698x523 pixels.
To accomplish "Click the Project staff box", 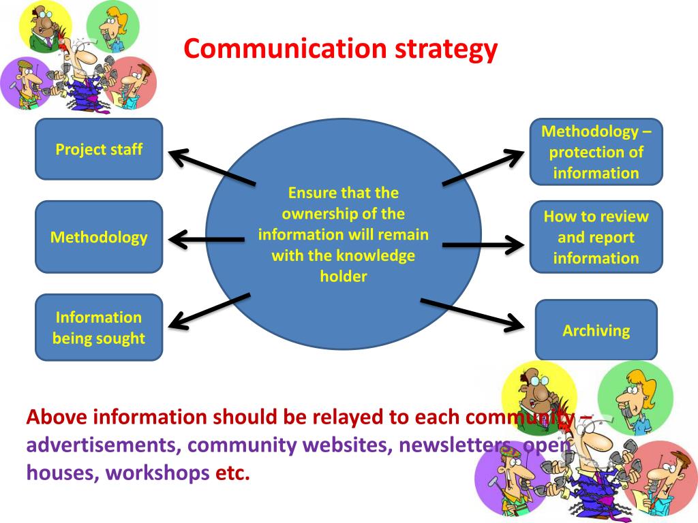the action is pos(99,149).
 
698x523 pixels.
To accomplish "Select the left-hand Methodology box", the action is pos(99,237).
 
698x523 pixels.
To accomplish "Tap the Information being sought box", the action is pos(99,328).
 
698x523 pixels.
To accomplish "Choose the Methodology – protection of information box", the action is pos(596,152).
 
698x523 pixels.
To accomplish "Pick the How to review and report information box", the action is pos(596,237).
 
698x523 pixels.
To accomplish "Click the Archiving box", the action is pos(596,330).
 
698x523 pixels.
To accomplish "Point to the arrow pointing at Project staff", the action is pos(211,168).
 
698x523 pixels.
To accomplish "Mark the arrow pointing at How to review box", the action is pos(481,244).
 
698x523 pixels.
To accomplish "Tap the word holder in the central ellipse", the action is pos(344,276).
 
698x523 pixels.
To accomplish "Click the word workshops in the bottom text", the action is pos(157,472).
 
